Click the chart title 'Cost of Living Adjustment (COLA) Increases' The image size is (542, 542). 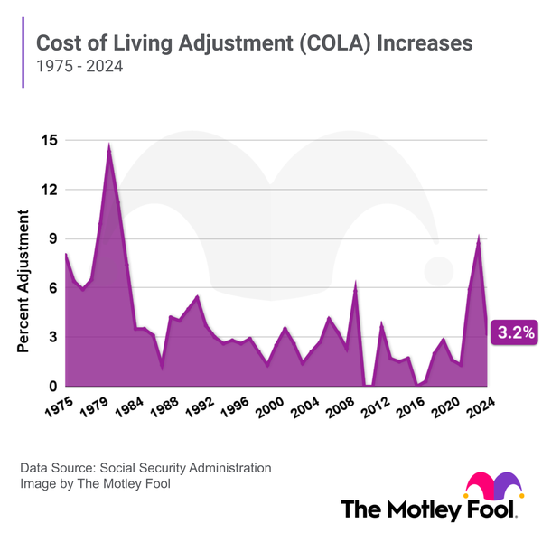click(254, 43)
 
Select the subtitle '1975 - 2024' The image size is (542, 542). click(79, 68)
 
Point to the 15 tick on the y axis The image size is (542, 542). click(48, 141)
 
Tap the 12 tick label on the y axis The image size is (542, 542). click(48, 191)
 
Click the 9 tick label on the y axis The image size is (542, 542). click(52, 239)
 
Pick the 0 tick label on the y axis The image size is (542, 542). click(52, 387)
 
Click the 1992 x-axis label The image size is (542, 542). click(197, 404)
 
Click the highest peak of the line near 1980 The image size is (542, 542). click(109, 145)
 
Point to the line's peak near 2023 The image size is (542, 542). click(479, 237)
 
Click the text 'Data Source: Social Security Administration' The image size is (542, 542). click(145, 468)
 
